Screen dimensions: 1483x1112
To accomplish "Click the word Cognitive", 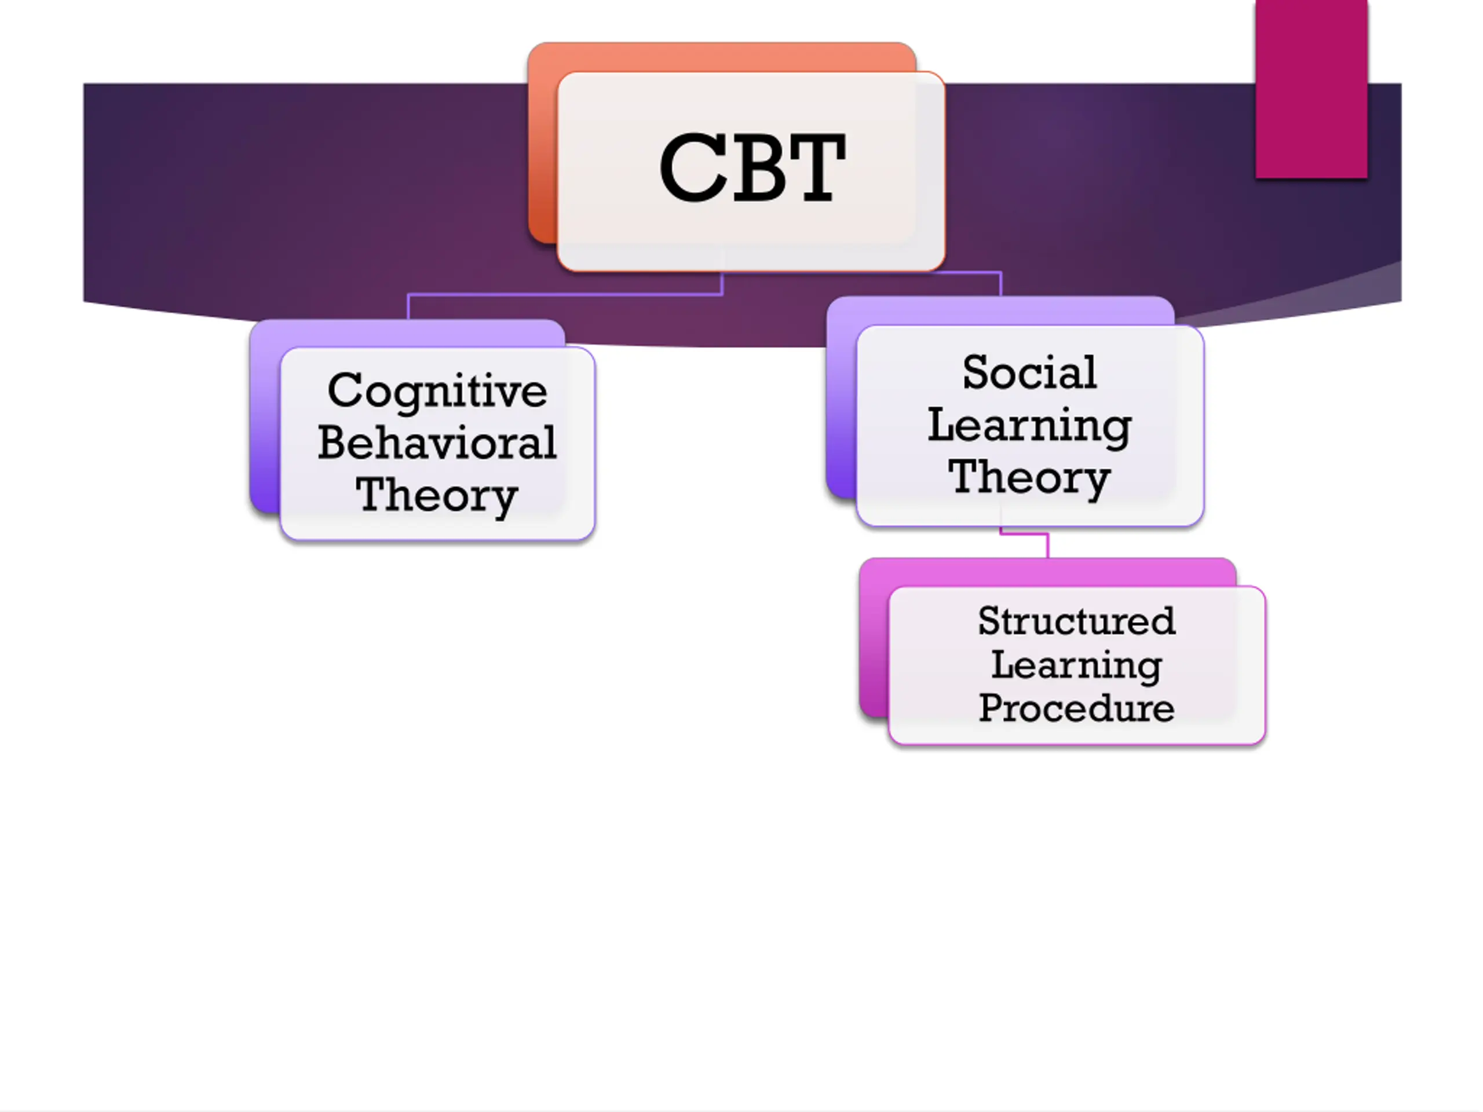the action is point(437,391).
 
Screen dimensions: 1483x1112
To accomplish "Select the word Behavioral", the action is point(437,443).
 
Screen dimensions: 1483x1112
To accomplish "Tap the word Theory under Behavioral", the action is point(437,495).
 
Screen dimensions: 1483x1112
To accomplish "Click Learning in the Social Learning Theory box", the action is point(1030,426).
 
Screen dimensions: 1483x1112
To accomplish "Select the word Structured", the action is point(1076,621).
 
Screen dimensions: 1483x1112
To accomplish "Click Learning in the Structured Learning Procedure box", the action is point(1076,665).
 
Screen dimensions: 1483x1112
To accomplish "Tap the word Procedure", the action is point(1076,708).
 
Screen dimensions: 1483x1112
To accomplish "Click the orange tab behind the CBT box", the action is point(721,56).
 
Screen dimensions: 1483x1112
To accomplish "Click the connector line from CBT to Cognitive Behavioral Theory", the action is point(563,294).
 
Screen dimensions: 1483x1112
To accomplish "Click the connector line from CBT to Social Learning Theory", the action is point(1000,282).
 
